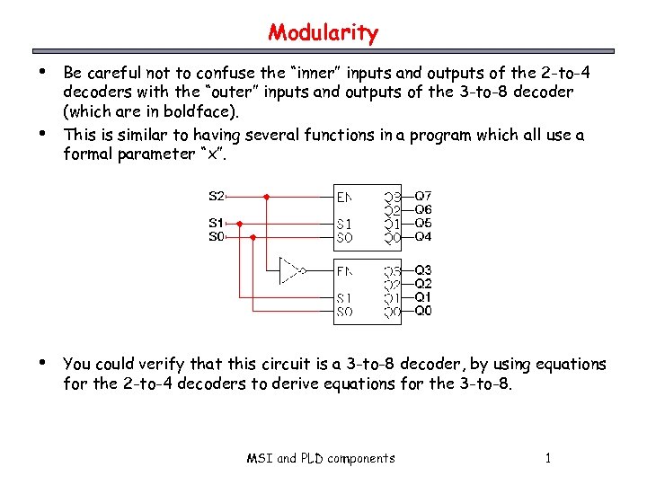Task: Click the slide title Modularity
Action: (323, 33)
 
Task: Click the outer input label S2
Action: (217, 196)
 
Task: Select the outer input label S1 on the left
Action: (217, 222)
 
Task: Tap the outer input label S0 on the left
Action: (217, 236)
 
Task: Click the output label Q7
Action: (423, 196)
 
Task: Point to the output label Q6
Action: (423, 209)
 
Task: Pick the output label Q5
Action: (423, 223)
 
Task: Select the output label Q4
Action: (423, 236)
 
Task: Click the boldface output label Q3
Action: (423, 269)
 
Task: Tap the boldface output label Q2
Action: (423, 283)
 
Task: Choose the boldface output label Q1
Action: (423, 296)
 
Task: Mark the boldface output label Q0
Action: (423, 311)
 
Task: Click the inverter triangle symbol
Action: (289, 269)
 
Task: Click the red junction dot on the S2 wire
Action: (267, 196)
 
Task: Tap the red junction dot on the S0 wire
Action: (253, 237)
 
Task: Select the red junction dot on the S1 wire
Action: (239, 223)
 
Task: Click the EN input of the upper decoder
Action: (344, 196)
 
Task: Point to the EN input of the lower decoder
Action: (344, 269)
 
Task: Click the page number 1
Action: (547, 458)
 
